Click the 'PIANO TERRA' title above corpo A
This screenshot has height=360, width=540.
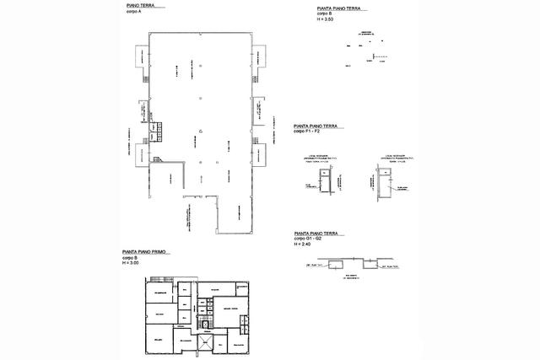pyautogui.click(x=143, y=5)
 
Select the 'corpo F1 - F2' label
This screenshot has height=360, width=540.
pyautogui.click(x=309, y=132)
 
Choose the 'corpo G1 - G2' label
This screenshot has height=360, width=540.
pyautogui.click(x=310, y=240)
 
